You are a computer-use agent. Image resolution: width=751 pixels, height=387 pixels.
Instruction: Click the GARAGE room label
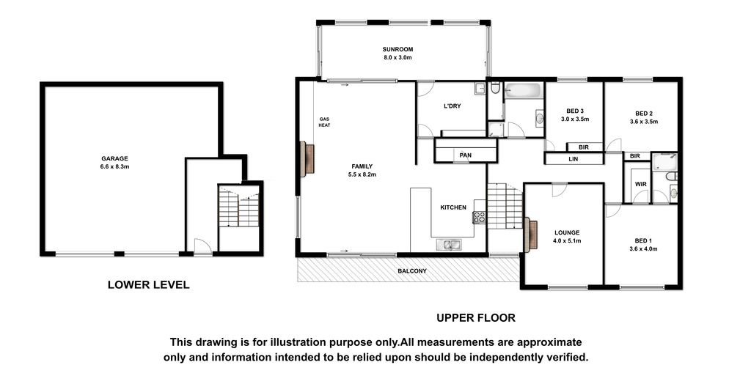pyautogui.click(x=114, y=158)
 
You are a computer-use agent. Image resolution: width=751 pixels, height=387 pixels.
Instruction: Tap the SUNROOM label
pyautogui.click(x=398, y=49)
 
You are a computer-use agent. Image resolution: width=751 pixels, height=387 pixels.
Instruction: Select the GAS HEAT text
pyautogui.click(x=325, y=122)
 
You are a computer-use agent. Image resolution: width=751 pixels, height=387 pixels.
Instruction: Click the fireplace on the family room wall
pyautogui.click(x=307, y=158)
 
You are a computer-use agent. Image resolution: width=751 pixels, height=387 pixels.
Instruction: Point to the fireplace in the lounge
pyautogui.click(x=531, y=235)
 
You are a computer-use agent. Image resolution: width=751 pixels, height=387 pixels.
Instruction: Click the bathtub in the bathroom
pyautogui.click(x=524, y=90)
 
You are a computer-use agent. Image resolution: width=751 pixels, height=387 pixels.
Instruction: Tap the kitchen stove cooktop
pyautogui.click(x=479, y=218)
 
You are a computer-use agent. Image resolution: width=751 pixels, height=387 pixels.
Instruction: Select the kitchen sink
pyautogui.click(x=449, y=245)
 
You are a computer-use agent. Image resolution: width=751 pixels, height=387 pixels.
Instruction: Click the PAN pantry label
pyautogui.click(x=465, y=155)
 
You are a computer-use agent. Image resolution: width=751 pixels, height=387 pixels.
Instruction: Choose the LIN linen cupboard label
pyautogui.click(x=574, y=158)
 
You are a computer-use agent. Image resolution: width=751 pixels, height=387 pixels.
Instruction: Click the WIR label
pyautogui.click(x=641, y=184)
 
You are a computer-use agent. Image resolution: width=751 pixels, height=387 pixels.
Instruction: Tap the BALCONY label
pyautogui.click(x=412, y=271)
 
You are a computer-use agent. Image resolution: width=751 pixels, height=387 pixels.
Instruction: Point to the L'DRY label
pyautogui.click(x=452, y=106)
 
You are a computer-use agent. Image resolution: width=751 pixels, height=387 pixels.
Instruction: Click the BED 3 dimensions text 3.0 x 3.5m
pyautogui.click(x=575, y=119)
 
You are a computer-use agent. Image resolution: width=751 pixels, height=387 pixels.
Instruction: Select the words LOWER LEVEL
pyautogui.click(x=148, y=285)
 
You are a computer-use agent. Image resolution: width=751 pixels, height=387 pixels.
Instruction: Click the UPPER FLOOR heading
pyautogui.click(x=475, y=317)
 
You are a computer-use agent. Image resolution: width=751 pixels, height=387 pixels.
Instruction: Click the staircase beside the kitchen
pyautogui.click(x=505, y=206)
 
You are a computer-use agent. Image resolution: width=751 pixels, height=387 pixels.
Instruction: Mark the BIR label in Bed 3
pyautogui.click(x=583, y=147)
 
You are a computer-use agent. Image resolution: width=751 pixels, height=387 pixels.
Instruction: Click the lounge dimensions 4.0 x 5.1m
pyautogui.click(x=567, y=241)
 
